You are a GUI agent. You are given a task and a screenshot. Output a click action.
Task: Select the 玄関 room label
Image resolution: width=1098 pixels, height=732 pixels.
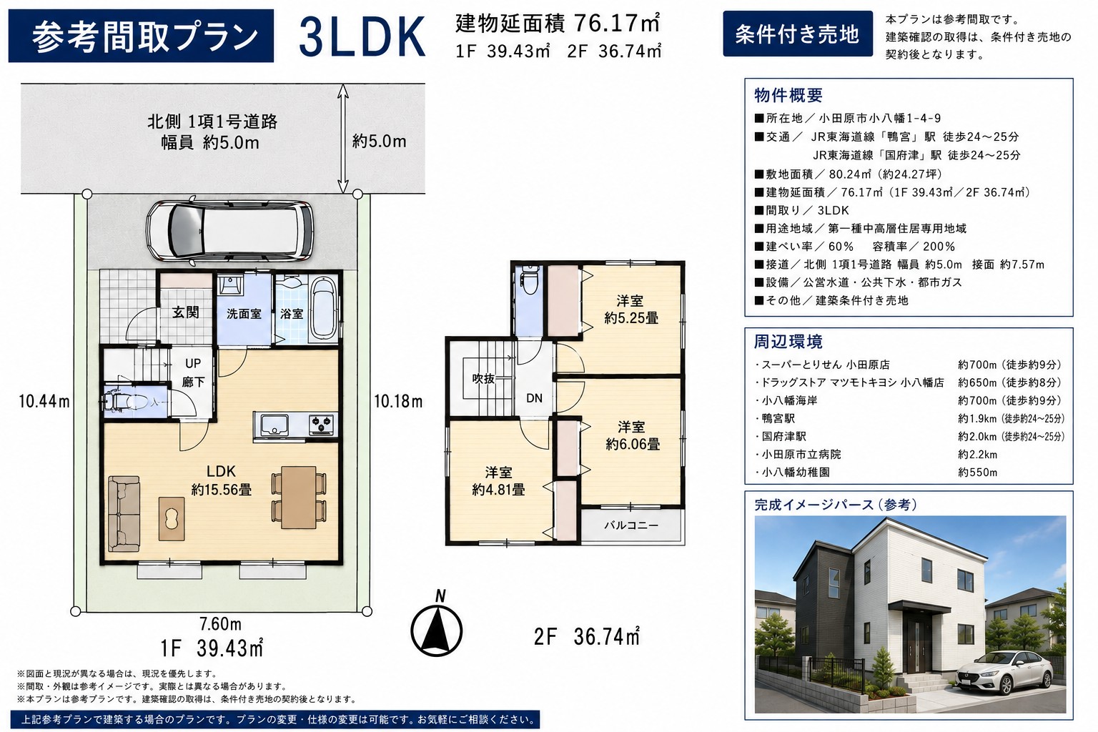186,312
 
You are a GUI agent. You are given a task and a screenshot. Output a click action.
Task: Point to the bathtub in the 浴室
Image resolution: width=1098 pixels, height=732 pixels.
324,308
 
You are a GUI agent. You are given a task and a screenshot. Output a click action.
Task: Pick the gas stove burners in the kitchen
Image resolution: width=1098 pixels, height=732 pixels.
322,424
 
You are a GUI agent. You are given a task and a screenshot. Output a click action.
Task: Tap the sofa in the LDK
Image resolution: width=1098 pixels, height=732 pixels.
124,513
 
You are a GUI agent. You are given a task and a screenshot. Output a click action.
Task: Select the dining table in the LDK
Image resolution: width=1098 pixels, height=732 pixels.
299,497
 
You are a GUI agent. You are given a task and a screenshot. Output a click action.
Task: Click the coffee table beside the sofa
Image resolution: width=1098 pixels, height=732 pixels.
172,519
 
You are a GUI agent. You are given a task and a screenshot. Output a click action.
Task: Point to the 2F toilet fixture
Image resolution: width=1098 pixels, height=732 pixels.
530,280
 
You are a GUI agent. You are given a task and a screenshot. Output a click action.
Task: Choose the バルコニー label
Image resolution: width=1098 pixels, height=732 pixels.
631,525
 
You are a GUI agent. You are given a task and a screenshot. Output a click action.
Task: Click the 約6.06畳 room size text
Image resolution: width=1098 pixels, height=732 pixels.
633,444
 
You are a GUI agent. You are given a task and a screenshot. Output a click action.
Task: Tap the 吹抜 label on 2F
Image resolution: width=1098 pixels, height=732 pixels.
483,378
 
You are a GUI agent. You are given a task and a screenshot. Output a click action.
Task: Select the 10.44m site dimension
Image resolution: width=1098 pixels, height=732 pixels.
44,402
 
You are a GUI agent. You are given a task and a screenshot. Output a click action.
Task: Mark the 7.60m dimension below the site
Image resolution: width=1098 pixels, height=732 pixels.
221,624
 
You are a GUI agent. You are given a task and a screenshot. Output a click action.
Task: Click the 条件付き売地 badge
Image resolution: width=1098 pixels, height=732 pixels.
798,34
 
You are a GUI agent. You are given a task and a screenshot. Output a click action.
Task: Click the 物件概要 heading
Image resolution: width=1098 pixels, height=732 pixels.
788,95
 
